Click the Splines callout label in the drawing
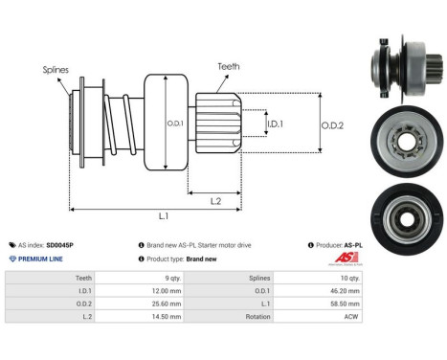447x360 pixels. pos(56,69)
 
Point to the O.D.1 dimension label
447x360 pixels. pos(174,121)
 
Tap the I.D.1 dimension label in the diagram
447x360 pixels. pos(275,124)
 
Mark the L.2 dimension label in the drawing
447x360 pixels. pos(216,199)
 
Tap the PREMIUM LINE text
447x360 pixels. pos(39,259)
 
